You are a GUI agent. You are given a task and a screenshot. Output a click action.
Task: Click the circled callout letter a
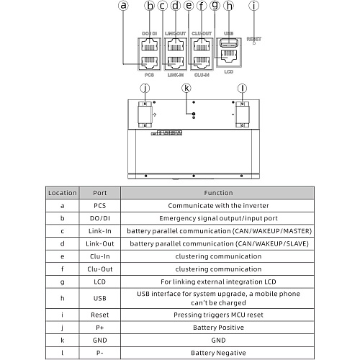(x=123, y=5)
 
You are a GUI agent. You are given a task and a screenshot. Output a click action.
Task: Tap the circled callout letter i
(x=254, y=6)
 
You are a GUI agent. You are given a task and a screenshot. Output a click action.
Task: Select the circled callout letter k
(x=186, y=88)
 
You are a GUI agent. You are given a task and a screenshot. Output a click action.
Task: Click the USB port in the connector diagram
(x=229, y=42)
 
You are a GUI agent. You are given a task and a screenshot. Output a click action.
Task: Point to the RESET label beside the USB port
(x=254, y=39)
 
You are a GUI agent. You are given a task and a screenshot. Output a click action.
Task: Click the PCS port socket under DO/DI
(x=149, y=63)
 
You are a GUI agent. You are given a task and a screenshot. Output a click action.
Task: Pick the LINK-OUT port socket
(x=176, y=45)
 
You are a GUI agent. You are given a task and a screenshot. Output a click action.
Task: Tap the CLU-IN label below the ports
(x=202, y=75)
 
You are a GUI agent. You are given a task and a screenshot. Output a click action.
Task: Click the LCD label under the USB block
(x=229, y=72)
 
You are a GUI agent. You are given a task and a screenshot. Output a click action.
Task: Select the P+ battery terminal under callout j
(x=145, y=114)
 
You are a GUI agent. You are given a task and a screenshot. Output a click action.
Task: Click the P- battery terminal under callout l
(x=242, y=114)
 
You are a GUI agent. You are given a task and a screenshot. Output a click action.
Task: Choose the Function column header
(x=217, y=193)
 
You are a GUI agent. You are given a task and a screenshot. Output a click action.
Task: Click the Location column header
(x=63, y=193)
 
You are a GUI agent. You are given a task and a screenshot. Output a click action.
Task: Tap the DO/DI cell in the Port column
(x=100, y=218)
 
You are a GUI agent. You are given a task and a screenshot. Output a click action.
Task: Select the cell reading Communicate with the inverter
(x=217, y=206)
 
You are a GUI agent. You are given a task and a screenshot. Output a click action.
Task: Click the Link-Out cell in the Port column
(x=100, y=243)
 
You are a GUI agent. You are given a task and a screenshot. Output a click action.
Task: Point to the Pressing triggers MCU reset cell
(x=217, y=315)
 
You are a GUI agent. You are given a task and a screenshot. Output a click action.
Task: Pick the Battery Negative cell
(x=217, y=353)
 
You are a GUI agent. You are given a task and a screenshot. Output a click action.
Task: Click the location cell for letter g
(x=63, y=282)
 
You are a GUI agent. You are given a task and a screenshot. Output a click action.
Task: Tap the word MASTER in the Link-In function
(x=296, y=231)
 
